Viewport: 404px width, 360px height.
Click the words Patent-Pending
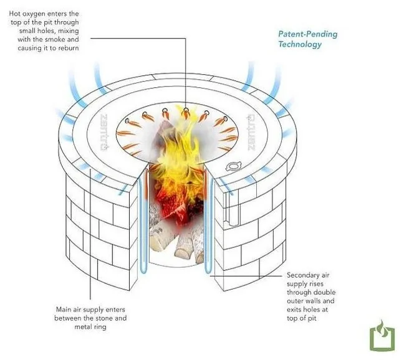tap(307, 34)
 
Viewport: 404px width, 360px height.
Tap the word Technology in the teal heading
tap(300, 44)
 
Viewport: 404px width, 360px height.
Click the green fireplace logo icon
tap(382, 336)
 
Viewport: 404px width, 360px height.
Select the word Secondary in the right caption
tap(301, 275)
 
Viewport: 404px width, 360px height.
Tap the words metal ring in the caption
tap(90, 327)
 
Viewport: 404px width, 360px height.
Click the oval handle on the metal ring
tap(233, 166)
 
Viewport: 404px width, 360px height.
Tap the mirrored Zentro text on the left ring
tap(104, 132)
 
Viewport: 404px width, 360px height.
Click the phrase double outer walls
tap(311, 296)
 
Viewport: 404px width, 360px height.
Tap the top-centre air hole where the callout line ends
tap(186, 110)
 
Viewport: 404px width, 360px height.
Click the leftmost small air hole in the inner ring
tap(127, 120)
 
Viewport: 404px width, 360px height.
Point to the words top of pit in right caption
tap(302, 318)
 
